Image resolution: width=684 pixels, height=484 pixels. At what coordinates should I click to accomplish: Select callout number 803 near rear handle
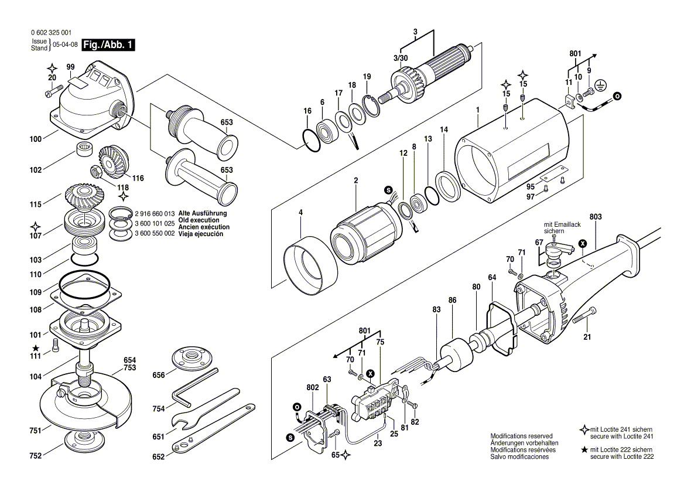click(x=596, y=217)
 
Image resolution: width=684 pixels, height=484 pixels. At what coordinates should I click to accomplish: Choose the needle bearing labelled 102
click(x=85, y=149)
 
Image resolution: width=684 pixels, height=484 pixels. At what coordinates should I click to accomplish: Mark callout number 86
click(x=452, y=300)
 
